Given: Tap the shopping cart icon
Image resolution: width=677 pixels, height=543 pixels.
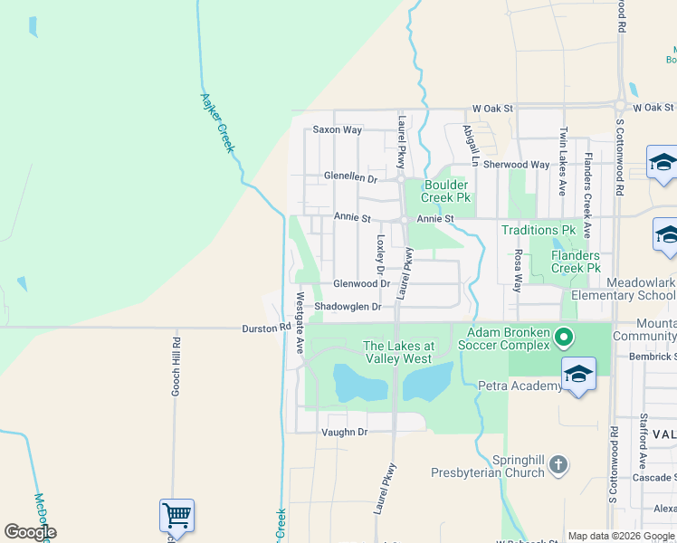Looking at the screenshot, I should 177,515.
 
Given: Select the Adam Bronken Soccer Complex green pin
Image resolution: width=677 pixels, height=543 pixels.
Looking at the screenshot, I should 564,339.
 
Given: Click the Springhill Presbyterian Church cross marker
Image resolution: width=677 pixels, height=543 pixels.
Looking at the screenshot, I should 558,465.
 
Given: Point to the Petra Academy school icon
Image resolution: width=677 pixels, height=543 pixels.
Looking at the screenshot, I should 578,375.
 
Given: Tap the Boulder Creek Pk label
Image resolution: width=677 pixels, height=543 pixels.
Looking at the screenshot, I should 446,192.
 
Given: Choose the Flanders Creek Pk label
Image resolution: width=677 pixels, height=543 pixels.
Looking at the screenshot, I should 576,262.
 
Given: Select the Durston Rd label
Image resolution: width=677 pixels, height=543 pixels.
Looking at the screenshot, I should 264,329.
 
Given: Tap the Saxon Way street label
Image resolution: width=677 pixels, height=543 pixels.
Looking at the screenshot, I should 337,130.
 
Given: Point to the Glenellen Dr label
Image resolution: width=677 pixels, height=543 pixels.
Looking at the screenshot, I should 351,178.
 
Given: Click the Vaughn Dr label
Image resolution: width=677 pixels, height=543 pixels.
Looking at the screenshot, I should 344,433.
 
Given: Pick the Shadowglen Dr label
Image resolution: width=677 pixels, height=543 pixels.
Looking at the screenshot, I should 348,307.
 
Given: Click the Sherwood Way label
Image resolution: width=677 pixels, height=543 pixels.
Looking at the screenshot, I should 516,165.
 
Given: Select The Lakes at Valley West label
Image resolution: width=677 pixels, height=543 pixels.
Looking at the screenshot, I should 398,352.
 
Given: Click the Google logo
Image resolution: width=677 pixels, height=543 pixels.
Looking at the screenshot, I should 30,532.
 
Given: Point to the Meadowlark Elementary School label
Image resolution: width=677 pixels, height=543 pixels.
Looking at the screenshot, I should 624,289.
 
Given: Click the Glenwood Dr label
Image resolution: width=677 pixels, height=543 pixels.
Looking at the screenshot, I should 360,284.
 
